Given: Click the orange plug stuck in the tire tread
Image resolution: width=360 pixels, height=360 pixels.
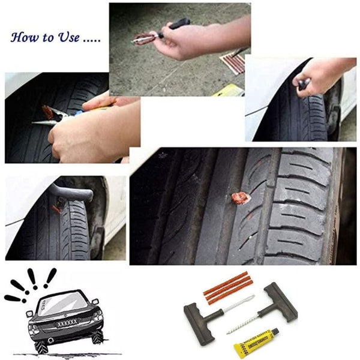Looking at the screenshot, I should coord(240,198).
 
